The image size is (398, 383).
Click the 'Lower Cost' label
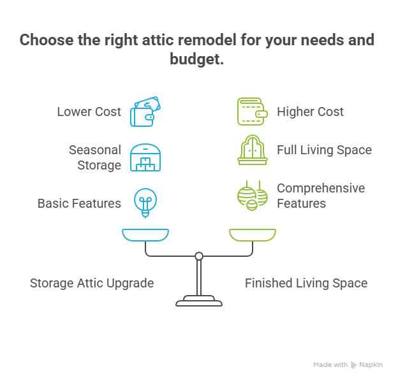[x=89, y=112]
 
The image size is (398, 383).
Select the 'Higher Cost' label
[x=310, y=112]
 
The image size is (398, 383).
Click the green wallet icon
[x=252, y=112]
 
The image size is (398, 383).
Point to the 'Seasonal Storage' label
[x=95, y=157]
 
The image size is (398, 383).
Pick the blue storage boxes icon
[x=145, y=157]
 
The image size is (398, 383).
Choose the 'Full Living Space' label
[x=324, y=150]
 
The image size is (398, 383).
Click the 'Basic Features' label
[x=79, y=203]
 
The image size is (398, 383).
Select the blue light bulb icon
[x=145, y=201]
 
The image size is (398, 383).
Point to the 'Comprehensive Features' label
[x=321, y=196]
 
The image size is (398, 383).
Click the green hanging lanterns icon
[x=252, y=196]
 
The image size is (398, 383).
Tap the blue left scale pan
[x=145, y=235]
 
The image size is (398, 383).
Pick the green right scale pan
[x=253, y=235]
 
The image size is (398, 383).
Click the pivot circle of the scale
[x=199, y=256]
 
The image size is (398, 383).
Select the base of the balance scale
[x=199, y=300]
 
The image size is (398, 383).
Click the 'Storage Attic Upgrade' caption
[x=92, y=283]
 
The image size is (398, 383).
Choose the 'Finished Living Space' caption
[x=306, y=283]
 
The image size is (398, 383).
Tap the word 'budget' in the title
[x=198, y=60]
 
